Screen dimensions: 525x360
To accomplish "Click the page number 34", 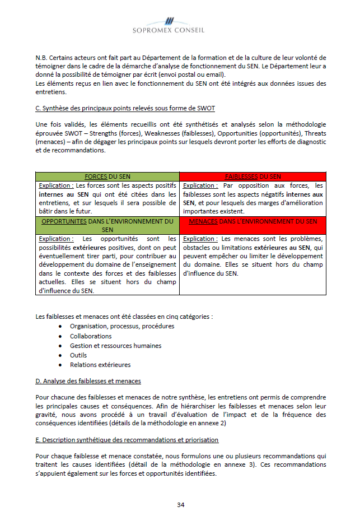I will [181, 504].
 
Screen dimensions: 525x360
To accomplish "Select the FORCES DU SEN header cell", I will [107, 176].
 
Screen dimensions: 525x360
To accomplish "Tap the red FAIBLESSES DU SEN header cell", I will [253, 176].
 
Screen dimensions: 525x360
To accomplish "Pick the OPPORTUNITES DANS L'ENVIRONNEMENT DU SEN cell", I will [107, 225].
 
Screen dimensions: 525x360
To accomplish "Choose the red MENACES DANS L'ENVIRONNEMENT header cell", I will [253, 221].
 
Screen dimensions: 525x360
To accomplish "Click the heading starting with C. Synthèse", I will [125, 108].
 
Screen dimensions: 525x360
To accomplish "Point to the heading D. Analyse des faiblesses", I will [88, 381].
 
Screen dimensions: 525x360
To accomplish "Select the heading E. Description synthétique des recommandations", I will [127, 440].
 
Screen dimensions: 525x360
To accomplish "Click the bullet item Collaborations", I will [91, 336].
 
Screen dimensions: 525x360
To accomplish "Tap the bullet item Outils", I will [78, 355].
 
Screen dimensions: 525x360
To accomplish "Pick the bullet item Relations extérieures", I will [100, 365].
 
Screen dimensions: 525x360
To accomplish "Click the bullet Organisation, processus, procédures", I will [121, 326].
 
